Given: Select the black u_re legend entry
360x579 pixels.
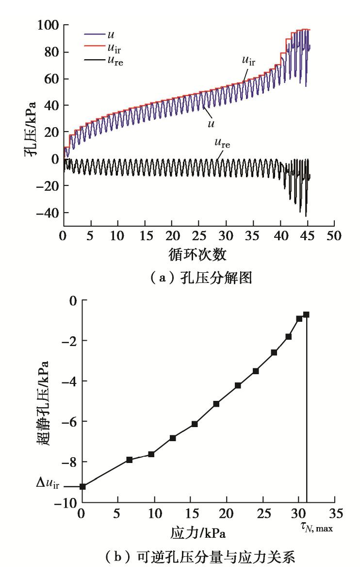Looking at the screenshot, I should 104,62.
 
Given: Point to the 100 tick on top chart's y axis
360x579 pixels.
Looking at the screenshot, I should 48,25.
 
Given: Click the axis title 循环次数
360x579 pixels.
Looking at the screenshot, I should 198,254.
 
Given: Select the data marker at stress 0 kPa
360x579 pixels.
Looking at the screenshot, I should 82,486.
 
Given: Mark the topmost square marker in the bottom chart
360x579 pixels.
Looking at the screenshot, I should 306,314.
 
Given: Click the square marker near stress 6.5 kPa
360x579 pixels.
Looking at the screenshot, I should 130,460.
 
